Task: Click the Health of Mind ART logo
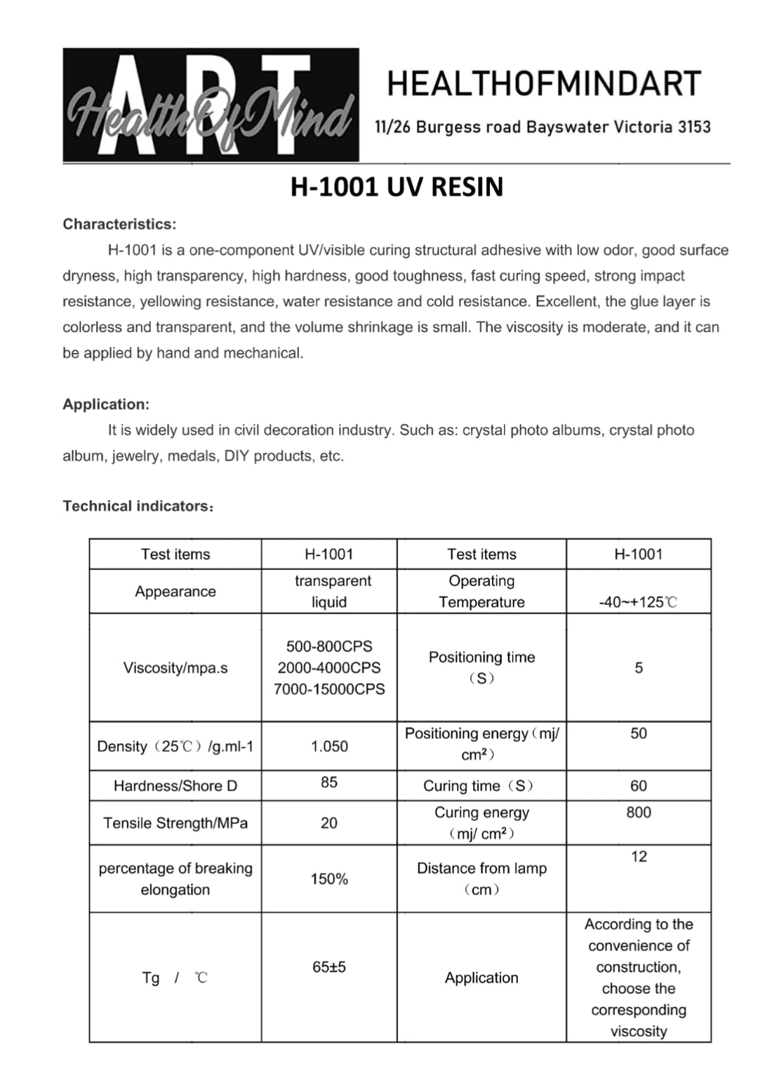(211, 105)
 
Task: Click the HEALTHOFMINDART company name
(544, 84)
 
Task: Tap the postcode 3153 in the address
(694, 127)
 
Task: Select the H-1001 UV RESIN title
(397, 187)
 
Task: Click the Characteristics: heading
(119, 225)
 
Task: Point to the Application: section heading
(106, 404)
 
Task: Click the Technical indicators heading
(138, 506)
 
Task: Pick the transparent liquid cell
(329, 591)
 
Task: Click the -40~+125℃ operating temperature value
(638, 602)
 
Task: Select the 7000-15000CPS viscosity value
(329, 689)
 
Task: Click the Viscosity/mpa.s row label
(175, 667)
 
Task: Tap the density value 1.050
(329, 747)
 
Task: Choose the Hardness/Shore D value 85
(329, 782)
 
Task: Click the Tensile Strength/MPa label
(175, 823)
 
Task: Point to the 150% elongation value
(329, 879)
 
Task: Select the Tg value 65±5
(329, 967)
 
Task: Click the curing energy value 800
(639, 812)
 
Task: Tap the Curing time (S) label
(478, 786)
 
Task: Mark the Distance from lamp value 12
(639, 856)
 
